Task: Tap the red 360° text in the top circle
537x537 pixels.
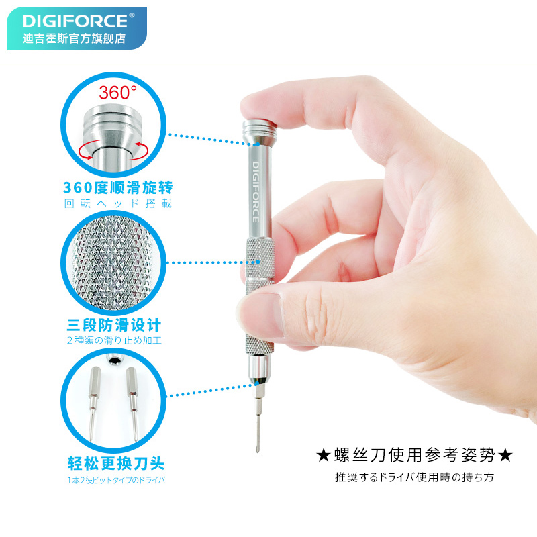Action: (117, 92)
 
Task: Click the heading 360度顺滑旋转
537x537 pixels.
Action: (113, 187)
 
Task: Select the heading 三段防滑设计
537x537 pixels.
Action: (113, 326)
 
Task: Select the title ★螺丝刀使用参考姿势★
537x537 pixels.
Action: (414, 455)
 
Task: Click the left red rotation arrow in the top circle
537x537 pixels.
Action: (87, 150)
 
